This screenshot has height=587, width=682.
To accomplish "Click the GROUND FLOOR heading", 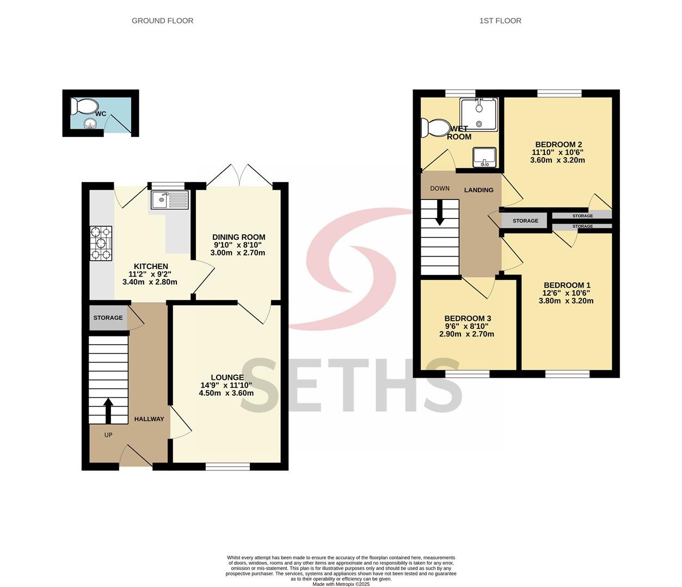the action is pyautogui.click(x=162, y=21).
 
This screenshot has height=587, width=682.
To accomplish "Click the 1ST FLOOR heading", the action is pyautogui.click(x=500, y=21).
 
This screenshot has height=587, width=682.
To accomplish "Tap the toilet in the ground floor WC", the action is pyautogui.click(x=84, y=106).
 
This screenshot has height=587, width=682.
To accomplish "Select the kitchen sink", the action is pyautogui.click(x=170, y=200).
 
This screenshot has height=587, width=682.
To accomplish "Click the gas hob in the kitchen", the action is pyautogui.click(x=101, y=243).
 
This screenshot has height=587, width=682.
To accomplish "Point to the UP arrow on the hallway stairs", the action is pyautogui.click(x=108, y=411).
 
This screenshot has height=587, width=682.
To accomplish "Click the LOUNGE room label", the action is pyautogui.click(x=228, y=378).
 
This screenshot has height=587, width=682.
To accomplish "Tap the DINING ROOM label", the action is pyautogui.click(x=238, y=237).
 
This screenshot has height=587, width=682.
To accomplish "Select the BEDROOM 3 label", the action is pyautogui.click(x=468, y=319).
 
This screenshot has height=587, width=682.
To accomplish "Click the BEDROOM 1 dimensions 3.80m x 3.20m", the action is pyautogui.click(x=566, y=301).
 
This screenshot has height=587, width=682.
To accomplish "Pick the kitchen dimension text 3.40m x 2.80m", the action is pyautogui.click(x=150, y=282).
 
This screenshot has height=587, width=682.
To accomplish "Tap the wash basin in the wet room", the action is pyautogui.click(x=484, y=157).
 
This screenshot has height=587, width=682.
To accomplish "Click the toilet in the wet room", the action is pyautogui.click(x=435, y=128).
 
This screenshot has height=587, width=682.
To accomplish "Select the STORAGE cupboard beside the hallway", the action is pyautogui.click(x=108, y=318).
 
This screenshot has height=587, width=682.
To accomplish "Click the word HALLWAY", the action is pyautogui.click(x=149, y=419).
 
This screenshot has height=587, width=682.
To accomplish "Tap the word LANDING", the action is pyautogui.click(x=479, y=190).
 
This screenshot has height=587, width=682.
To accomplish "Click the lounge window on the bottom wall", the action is pyautogui.click(x=228, y=466).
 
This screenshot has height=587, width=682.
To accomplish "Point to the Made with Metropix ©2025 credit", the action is pyautogui.click(x=341, y=584).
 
